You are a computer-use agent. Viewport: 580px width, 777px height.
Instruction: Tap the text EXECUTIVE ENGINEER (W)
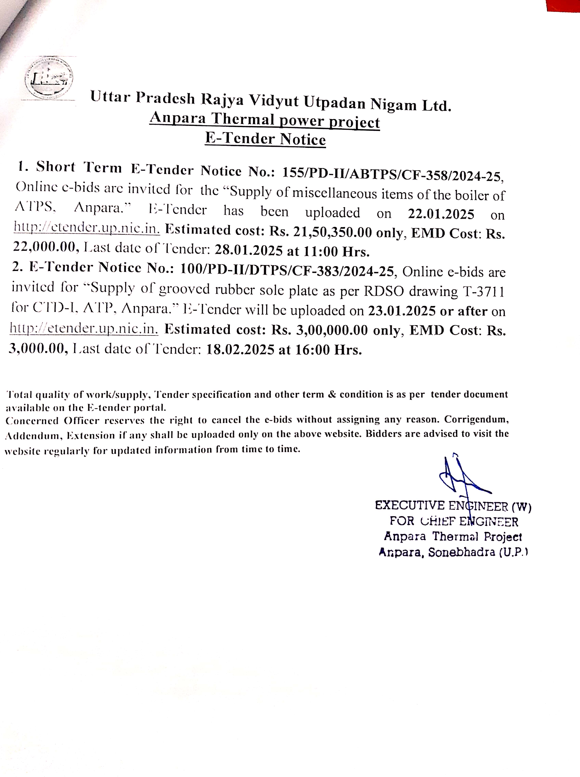coord(453,506)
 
